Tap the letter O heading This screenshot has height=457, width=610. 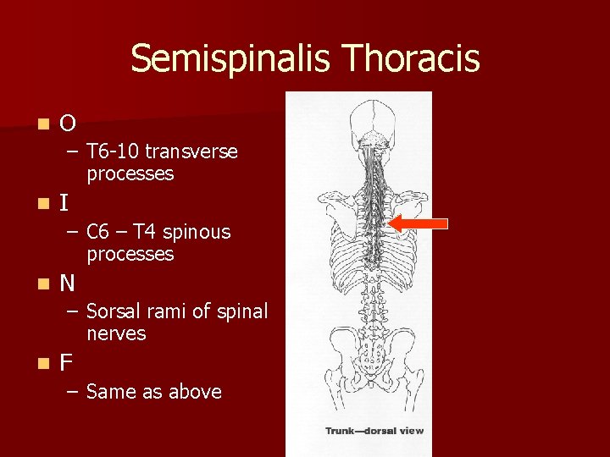click(68, 124)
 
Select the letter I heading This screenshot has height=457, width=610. click(64, 204)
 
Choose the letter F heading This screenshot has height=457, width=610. click(66, 363)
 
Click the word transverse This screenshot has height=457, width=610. click(191, 151)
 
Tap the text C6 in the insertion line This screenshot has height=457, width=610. click(100, 232)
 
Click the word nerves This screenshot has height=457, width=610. click(116, 333)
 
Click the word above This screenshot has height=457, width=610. click(194, 392)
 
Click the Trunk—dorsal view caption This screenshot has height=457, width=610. click(374, 431)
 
